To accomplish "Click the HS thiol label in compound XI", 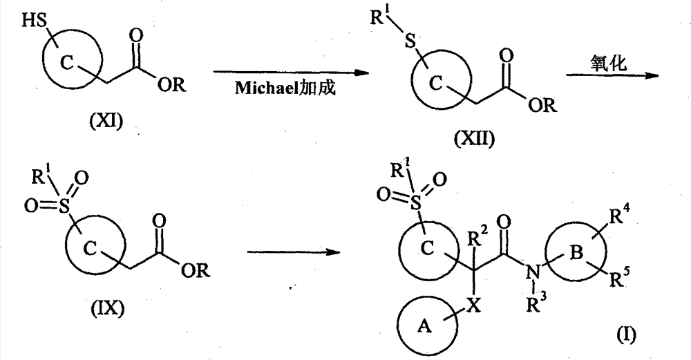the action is (x=33, y=21).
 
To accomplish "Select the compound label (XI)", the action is (x=106, y=120).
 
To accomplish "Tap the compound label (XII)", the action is (x=474, y=140).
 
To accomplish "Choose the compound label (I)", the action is (x=626, y=336).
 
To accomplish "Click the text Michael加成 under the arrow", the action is (x=285, y=88).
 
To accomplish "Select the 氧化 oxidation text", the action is (x=608, y=63).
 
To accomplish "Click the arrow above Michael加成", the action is (x=290, y=73).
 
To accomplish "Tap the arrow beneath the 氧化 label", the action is (x=612, y=76).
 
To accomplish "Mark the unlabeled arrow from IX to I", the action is (x=294, y=252).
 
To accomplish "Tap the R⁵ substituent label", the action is (x=620, y=278).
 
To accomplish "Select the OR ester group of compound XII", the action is (x=543, y=105).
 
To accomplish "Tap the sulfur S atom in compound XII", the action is (x=410, y=42).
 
